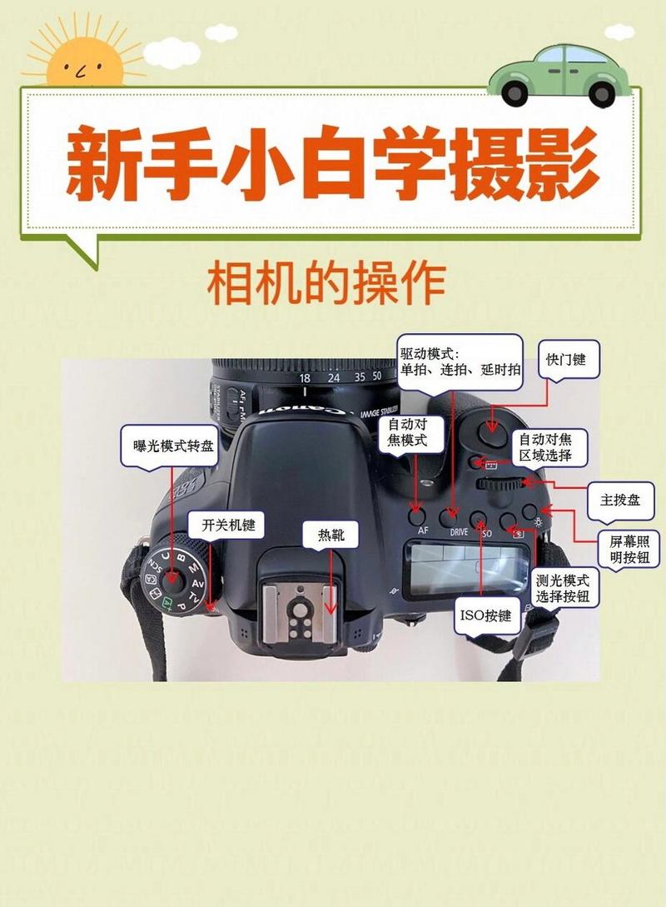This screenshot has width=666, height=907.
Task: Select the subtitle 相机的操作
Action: [326, 284]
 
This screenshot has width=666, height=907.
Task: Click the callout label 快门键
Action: [566, 360]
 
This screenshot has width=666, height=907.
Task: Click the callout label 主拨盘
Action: [620, 501]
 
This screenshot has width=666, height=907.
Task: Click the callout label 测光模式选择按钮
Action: [564, 589]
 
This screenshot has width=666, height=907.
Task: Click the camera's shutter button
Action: [492, 428]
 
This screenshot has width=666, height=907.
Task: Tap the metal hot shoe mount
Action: [300, 613]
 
